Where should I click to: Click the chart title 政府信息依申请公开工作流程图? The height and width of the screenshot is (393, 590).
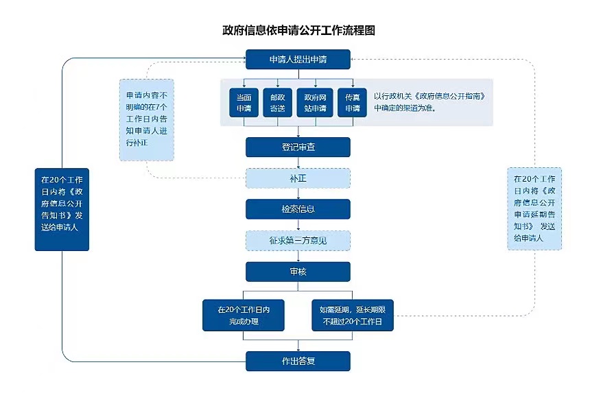click(298, 31)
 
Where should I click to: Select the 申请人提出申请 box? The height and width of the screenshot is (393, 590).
click(298, 60)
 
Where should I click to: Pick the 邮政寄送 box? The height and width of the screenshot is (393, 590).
click(278, 103)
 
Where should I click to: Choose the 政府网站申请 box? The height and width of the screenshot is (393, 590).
click(316, 103)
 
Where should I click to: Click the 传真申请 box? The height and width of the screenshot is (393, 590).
click(353, 103)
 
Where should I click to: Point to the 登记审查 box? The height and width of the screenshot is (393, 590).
click(298, 147)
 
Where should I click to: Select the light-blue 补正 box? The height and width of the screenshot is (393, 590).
click(298, 178)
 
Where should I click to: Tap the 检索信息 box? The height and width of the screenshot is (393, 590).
click(298, 209)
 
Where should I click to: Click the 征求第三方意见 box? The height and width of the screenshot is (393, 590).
click(298, 241)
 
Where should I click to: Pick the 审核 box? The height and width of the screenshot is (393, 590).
click(298, 272)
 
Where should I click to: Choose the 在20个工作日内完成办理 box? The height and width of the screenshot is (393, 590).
click(244, 315)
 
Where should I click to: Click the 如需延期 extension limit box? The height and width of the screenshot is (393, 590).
click(353, 315)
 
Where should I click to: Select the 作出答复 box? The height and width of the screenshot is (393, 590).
click(298, 361)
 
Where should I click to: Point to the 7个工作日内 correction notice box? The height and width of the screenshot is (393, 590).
click(146, 119)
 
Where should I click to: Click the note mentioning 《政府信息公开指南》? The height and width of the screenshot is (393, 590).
click(432, 102)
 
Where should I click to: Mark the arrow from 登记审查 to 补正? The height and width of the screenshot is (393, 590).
click(298, 163)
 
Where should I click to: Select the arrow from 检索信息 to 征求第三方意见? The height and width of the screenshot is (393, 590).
click(298, 225)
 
